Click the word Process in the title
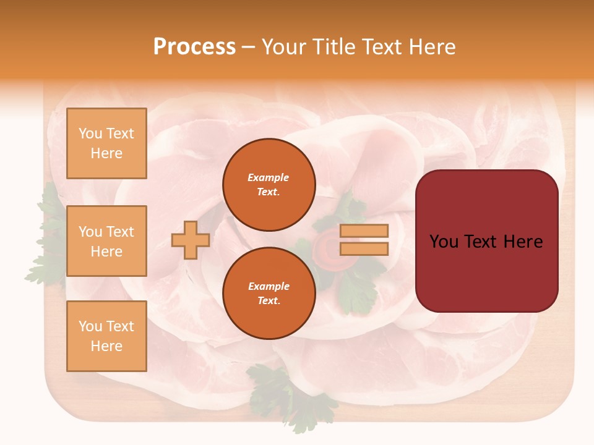tap(194, 47)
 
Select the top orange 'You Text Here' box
tap(106, 143)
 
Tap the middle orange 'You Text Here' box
tap(106, 241)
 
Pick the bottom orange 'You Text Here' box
tap(106, 336)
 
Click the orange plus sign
tap(190, 240)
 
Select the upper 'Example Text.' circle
tap(269, 185)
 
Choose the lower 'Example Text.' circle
tap(269, 294)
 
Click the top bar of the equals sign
tap(364, 231)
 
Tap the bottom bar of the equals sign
tap(364, 248)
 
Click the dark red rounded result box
tap(486, 241)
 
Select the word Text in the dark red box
tap(486, 242)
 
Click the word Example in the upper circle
tap(269, 177)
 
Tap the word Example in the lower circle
tap(269, 286)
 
